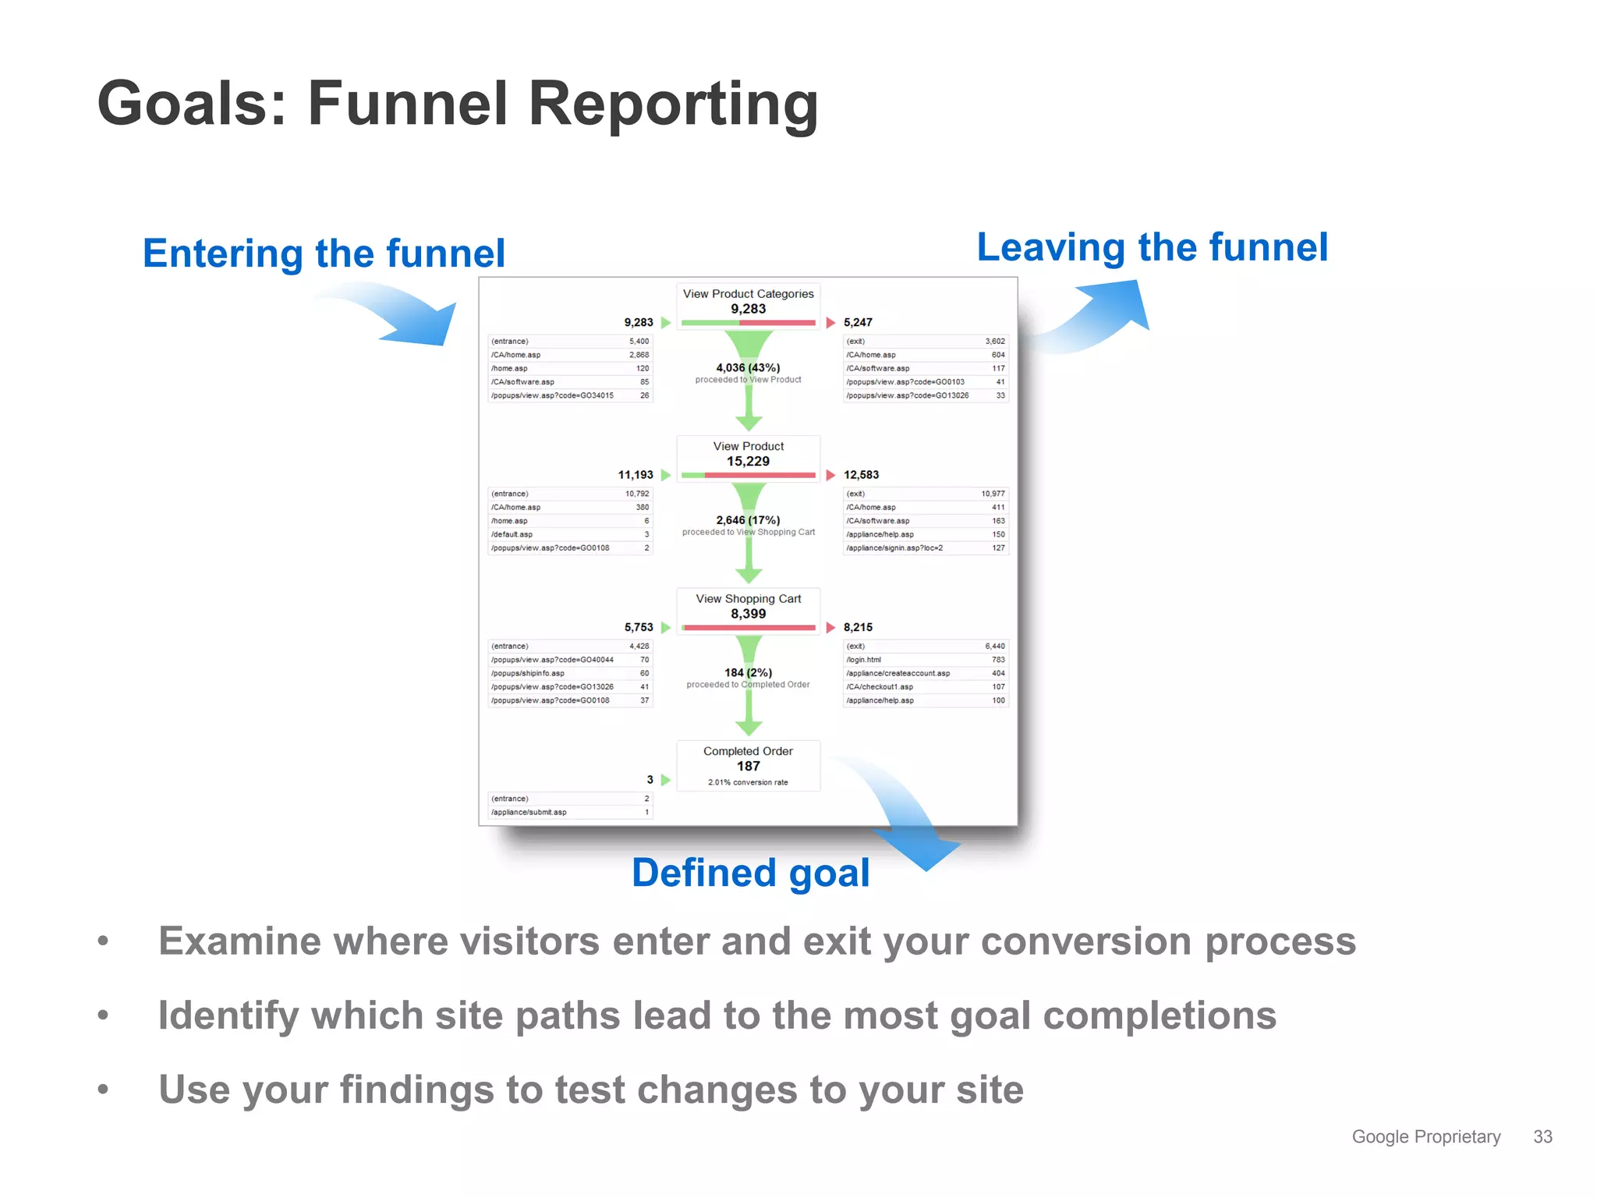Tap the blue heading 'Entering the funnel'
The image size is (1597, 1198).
coord(324,253)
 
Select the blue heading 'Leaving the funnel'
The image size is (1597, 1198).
coord(1152,247)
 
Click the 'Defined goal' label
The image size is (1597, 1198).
coord(750,873)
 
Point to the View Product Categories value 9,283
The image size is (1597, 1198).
coord(748,309)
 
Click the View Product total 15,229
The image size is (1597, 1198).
coord(748,462)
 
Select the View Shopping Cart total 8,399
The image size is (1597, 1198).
coord(748,614)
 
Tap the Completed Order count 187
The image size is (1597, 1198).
coord(748,766)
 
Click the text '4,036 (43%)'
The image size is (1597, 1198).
coord(748,367)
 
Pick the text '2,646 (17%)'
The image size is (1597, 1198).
coord(748,520)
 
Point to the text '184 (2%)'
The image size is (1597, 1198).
coord(748,672)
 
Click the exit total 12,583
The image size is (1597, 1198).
coord(861,475)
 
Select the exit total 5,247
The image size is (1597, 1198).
coord(858,322)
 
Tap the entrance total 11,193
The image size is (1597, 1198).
coord(636,475)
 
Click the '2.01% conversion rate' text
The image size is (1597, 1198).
coord(748,782)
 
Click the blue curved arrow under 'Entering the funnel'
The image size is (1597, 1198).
coord(398,312)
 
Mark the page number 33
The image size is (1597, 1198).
coord(1542,1136)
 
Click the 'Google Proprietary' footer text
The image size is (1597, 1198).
coord(1425,1136)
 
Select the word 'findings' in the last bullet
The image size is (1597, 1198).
coord(416,1090)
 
